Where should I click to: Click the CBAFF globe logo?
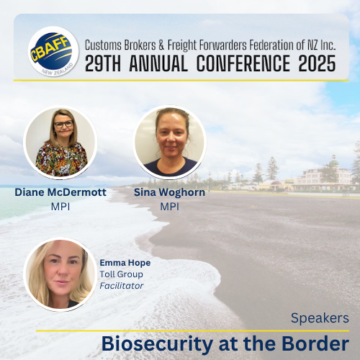click(x=53, y=51)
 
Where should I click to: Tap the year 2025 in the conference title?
click(x=317, y=63)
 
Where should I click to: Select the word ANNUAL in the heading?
click(x=158, y=63)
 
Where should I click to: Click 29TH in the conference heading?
click(x=103, y=63)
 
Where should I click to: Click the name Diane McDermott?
click(x=60, y=192)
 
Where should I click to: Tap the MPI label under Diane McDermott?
click(x=60, y=207)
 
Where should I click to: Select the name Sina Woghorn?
click(x=169, y=192)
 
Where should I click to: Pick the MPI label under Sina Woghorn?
click(x=169, y=207)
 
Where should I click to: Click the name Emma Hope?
click(x=125, y=263)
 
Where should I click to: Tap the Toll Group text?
click(x=121, y=274)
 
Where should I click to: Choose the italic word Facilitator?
click(x=122, y=286)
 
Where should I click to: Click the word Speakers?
click(x=320, y=318)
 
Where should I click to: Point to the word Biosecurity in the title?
click(x=157, y=344)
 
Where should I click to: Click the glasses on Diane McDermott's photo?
click(x=63, y=124)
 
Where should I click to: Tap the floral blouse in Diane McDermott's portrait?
click(x=61, y=159)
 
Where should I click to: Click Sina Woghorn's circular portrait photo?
click(x=169, y=143)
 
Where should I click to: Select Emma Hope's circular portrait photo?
click(x=60, y=274)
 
